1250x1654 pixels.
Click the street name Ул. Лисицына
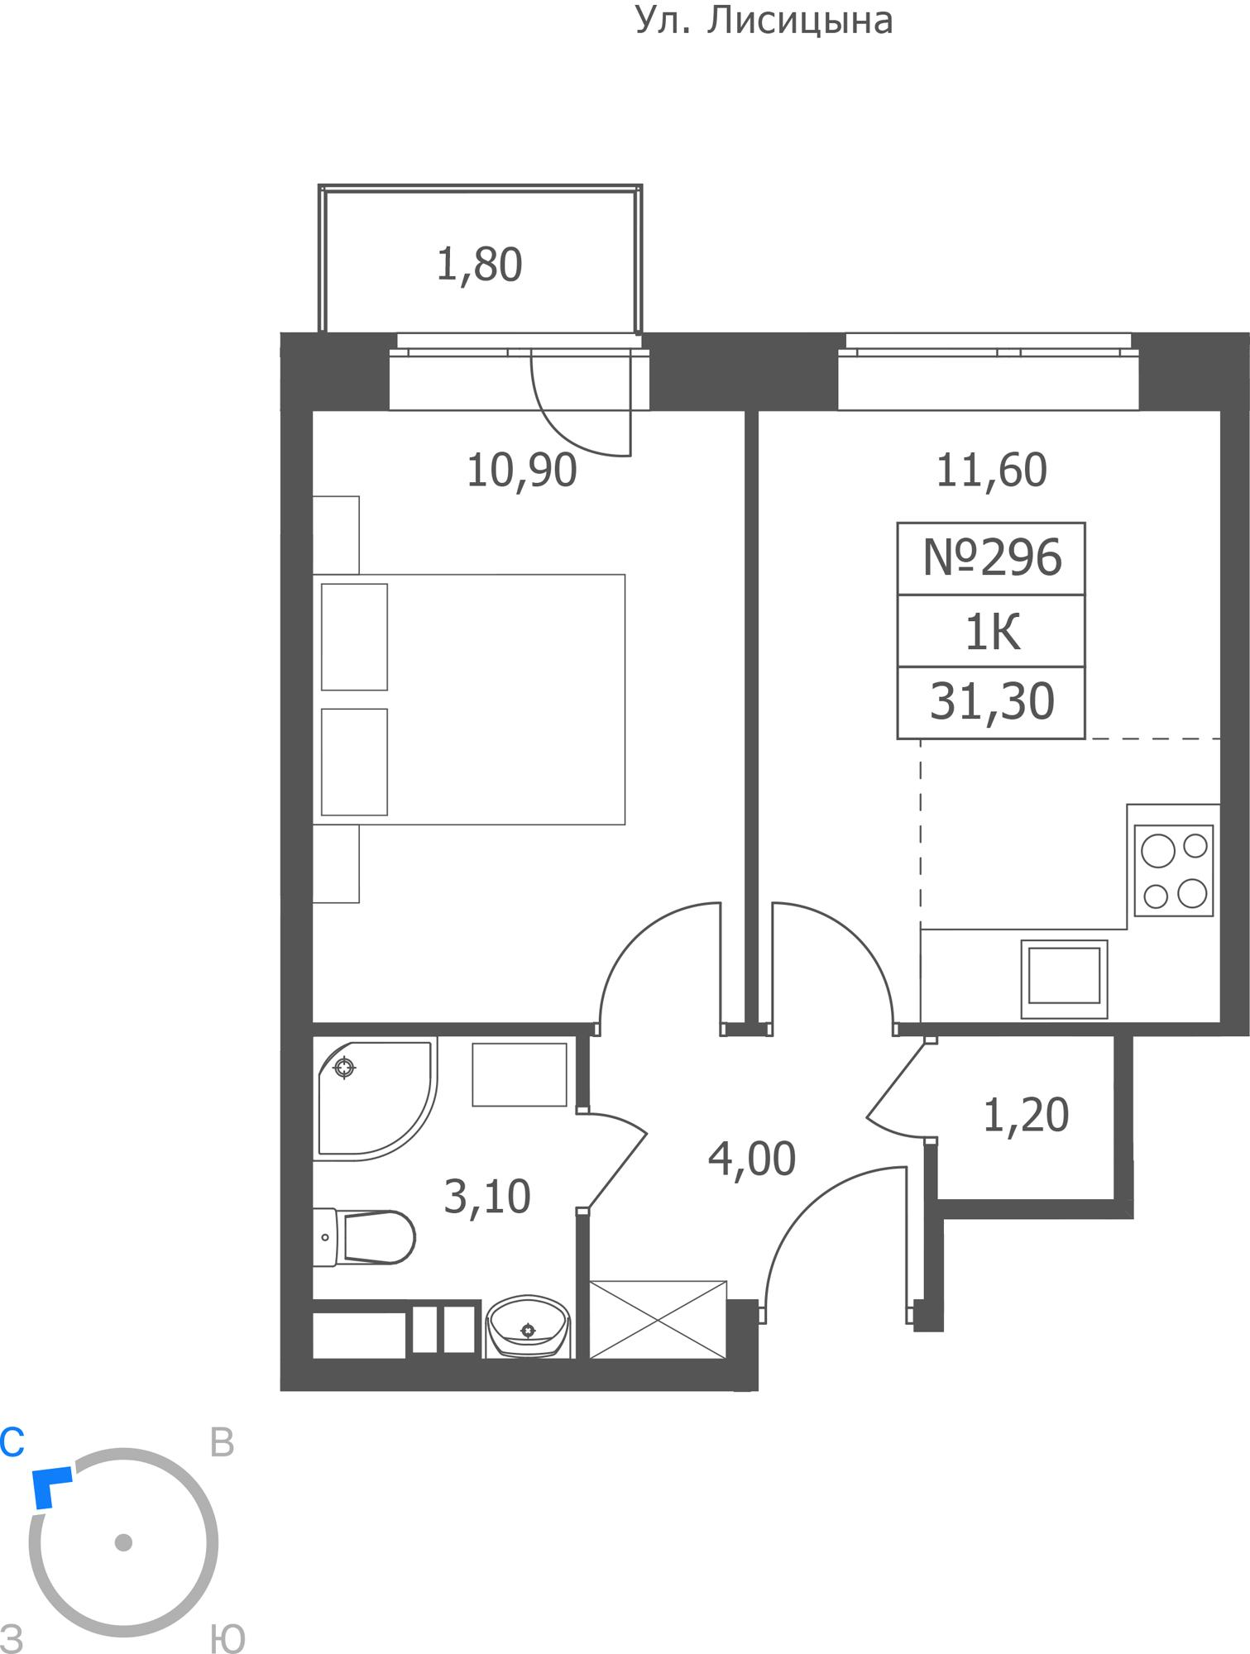(764, 21)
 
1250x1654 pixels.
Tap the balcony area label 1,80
(479, 265)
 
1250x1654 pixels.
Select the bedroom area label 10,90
(521, 471)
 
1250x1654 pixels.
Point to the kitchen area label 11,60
(991, 471)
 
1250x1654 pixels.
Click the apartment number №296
(991, 558)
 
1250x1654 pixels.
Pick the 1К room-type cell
(991, 631)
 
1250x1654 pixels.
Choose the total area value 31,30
(991, 701)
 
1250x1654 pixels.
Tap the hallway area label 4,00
(751, 1159)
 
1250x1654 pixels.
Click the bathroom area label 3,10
(486, 1197)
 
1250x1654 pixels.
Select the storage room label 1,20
(1025, 1115)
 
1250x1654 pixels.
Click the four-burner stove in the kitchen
(1173, 870)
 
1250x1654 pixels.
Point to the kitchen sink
(1064, 979)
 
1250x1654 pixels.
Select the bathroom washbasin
(529, 1327)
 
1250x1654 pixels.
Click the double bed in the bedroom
(469, 700)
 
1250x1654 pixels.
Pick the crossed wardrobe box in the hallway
(658, 1320)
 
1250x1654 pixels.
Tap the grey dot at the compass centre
(123, 1542)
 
